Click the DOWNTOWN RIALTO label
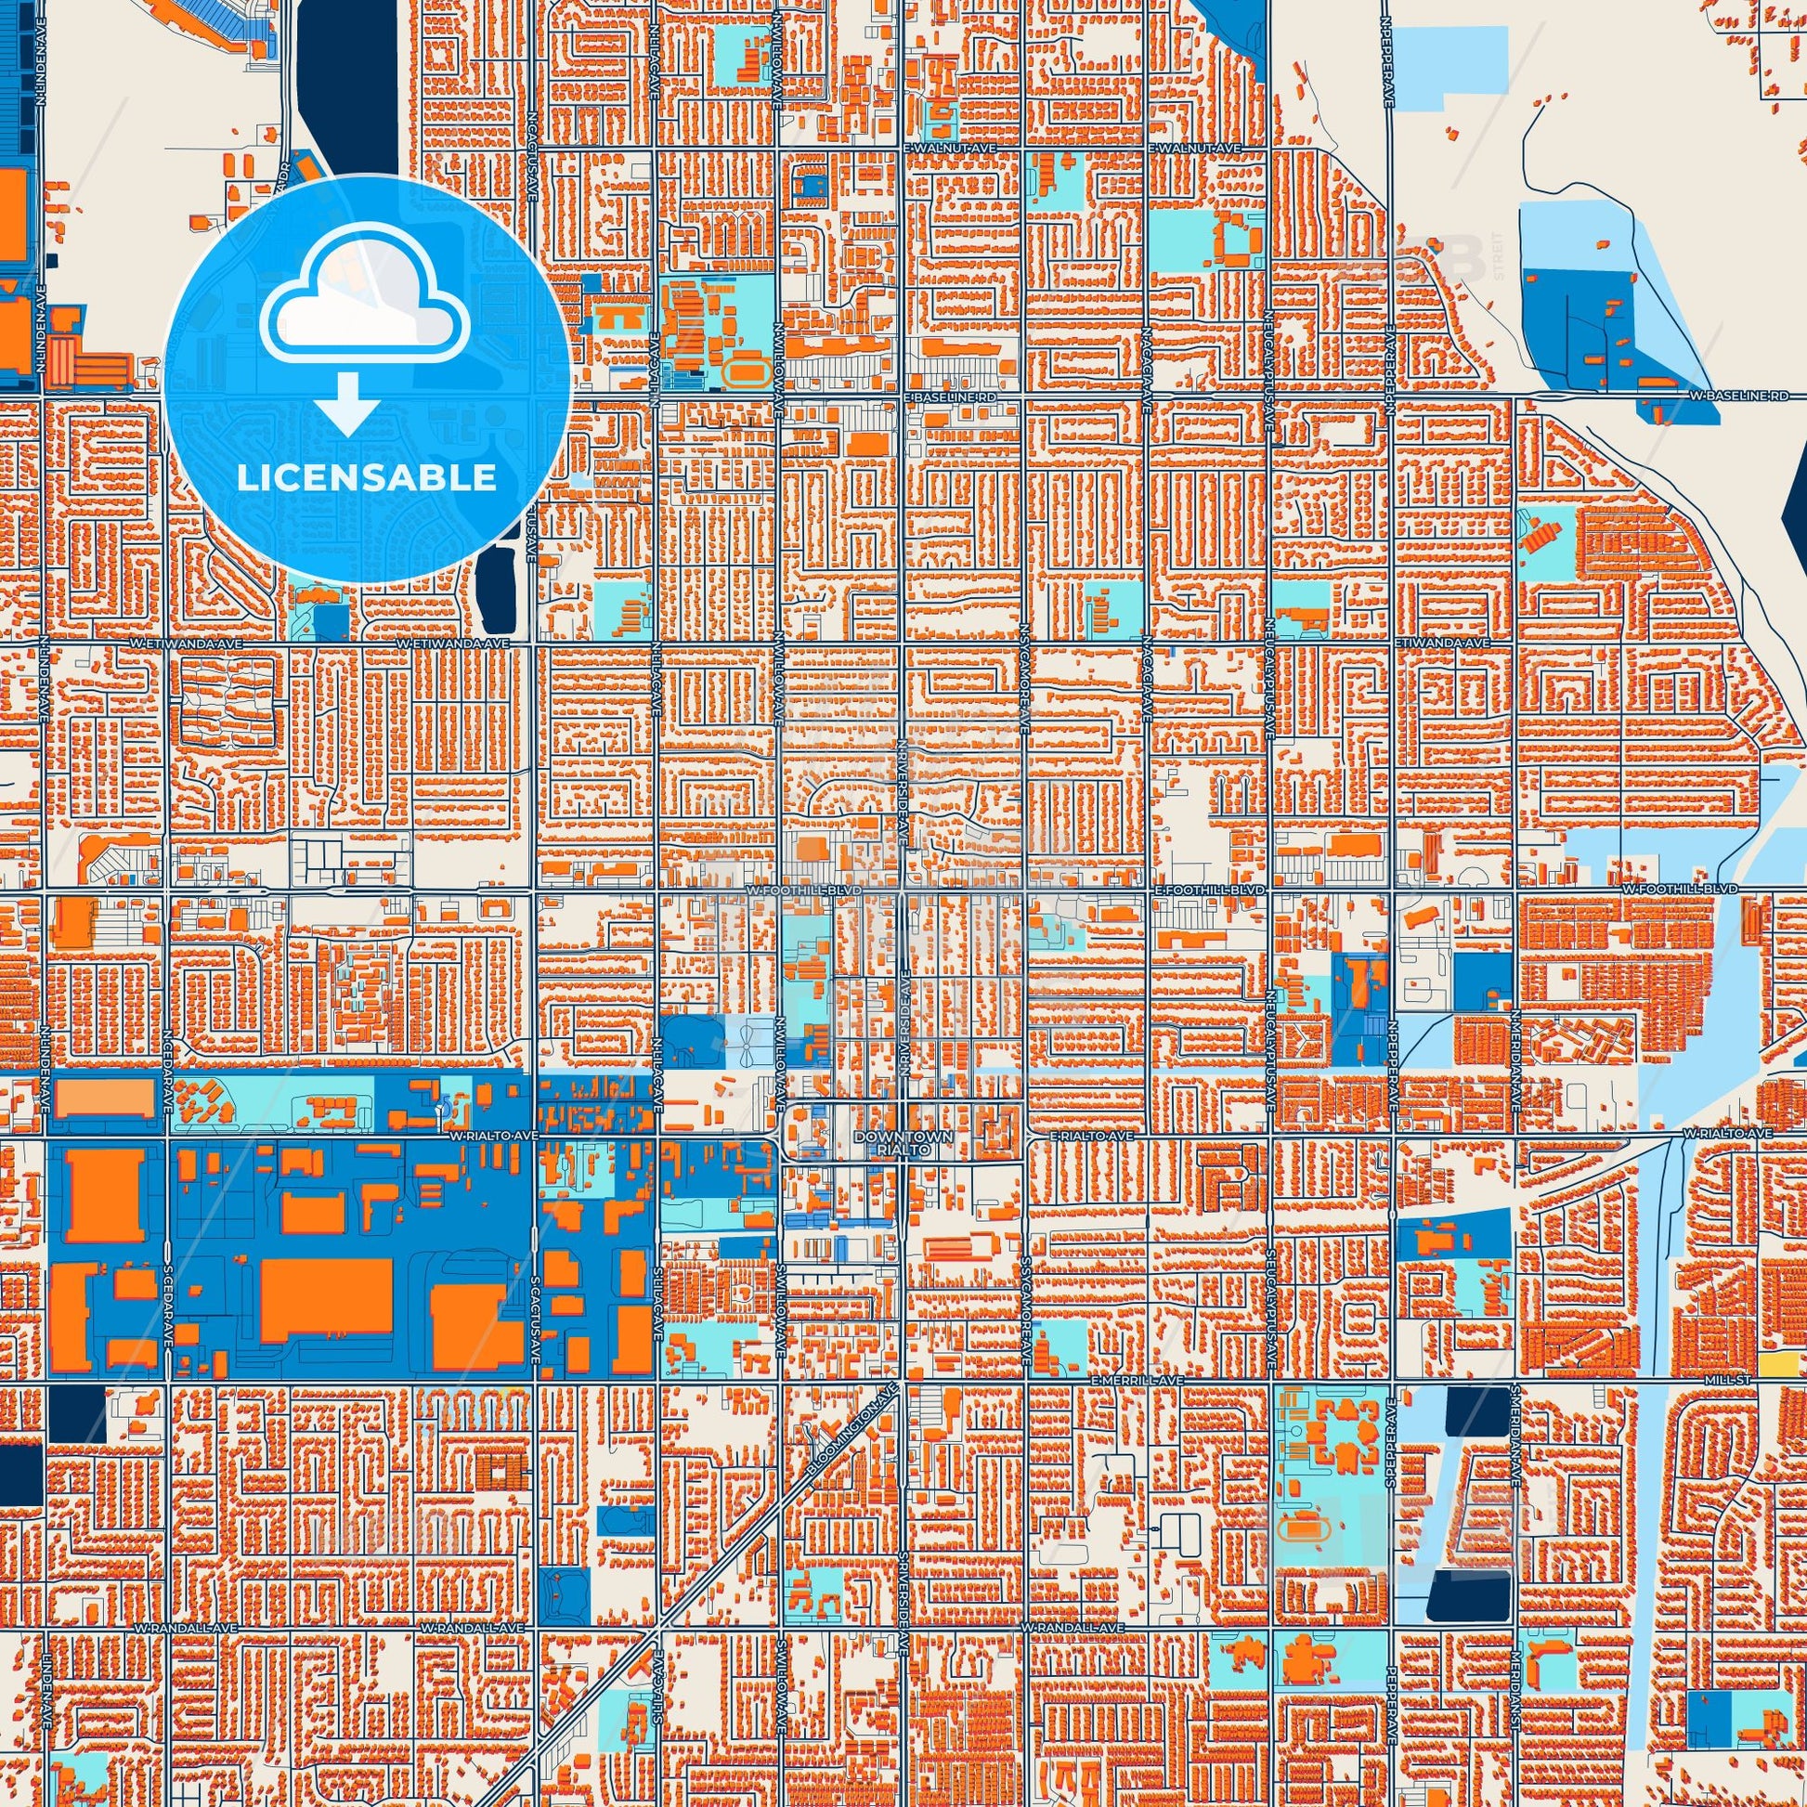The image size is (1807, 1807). tap(903, 1142)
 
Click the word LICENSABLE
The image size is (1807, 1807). tap(367, 478)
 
